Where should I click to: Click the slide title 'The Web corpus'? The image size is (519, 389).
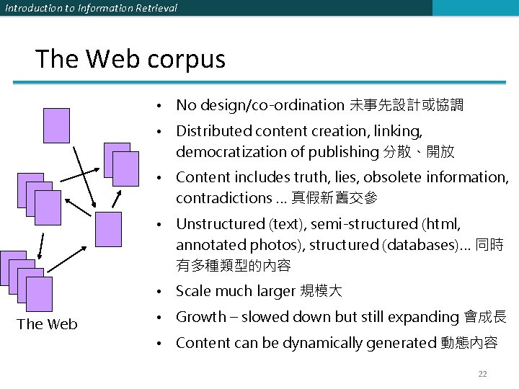[x=130, y=59]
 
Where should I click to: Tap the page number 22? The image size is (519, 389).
[x=482, y=373]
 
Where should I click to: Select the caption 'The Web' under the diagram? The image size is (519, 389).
[x=48, y=324]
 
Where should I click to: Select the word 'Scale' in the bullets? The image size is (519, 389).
[x=193, y=291]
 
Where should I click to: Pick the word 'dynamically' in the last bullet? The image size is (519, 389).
[x=325, y=343]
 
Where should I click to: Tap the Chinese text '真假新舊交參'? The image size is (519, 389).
[x=334, y=198]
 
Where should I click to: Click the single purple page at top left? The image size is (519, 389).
[x=56, y=125]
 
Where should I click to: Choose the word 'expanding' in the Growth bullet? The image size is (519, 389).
[x=427, y=317]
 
